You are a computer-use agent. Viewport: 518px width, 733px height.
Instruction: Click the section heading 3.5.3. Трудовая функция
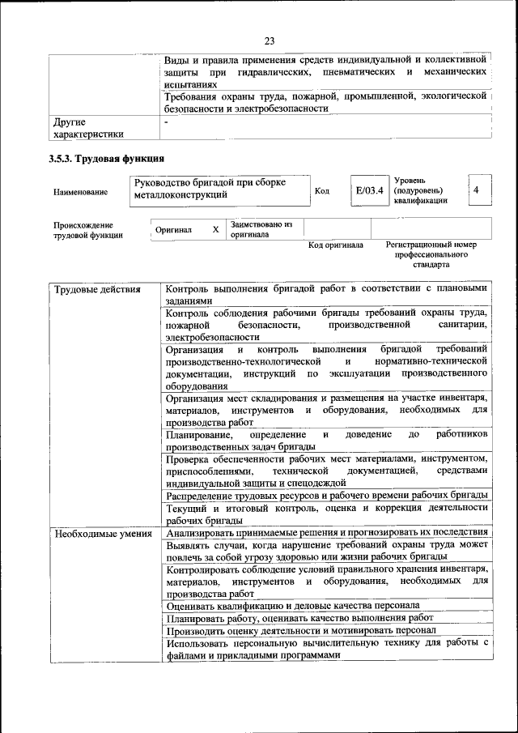pyautogui.click(x=107, y=159)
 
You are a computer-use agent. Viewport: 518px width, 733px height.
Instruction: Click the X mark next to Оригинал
pyautogui.click(x=215, y=229)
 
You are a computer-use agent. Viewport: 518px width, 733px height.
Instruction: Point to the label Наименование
pyautogui.click(x=81, y=192)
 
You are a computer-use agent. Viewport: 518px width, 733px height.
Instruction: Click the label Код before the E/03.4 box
pyautogui.click(x=321, y=191)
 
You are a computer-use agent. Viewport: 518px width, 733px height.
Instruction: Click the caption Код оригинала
pyautogui.click(x=335, y=245)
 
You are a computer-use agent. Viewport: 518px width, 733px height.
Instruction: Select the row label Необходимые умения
pyautogui.click(x=102, y=533)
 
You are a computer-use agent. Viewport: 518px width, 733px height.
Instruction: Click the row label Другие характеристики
pyautogui.click(x=89, y=128)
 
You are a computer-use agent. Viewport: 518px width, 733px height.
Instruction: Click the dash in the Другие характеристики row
pyautogui.click(x=166, y=122)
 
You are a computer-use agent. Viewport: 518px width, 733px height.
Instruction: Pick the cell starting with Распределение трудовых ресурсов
pyautogui.click(x=326, y=495)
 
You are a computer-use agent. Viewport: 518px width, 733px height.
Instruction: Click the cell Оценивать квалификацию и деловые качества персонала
pyautogui.click(x=292, y=605)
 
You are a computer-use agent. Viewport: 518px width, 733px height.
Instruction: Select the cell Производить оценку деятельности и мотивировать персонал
pyautogui.click(x=301, y=629)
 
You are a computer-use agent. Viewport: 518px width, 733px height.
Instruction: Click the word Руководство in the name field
pyautogui.click(x=163, y=182)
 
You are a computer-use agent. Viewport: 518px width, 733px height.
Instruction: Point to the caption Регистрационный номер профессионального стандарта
pyautogui.click(x=431, y=254)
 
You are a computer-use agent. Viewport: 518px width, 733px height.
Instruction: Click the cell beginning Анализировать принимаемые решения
pyautogui.click(x=326, y=532)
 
